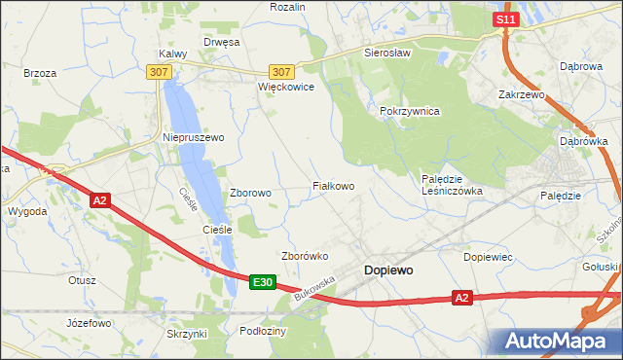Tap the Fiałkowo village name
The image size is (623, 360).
pos(332,185)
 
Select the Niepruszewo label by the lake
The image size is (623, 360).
pos(193,137)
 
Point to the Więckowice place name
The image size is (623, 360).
pos(285,87)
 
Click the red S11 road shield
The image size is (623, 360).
pos(503,19)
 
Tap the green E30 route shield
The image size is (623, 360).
pos(261,282)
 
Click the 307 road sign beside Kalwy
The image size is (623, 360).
pos(160,72)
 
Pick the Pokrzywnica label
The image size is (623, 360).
pos(410,112)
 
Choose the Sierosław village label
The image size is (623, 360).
pos(387,53)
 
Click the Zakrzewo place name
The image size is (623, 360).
pos(521,95)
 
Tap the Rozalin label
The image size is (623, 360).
pos(287,7)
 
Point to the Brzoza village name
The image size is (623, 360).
pos(40,73)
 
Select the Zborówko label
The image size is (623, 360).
pos(305,256)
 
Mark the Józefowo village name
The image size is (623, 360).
pos(86,322)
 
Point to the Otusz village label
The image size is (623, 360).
pos(82,280)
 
